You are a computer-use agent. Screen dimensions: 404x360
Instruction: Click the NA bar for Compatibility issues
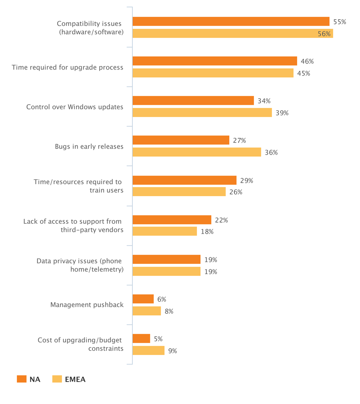pos(231,22)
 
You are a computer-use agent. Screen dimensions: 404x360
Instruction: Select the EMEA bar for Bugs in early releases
pos(196,152)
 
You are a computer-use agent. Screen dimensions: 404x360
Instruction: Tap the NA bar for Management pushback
pos(143,299)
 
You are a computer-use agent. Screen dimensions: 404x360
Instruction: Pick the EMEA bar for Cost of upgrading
pos(148,350)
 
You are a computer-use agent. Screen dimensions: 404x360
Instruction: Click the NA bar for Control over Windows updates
pos(193,101)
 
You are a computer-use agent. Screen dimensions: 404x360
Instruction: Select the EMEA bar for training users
pos(179,192)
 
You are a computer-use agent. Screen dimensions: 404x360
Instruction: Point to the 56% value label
pos(324,34)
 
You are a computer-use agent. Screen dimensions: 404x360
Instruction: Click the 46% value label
pos(307,61)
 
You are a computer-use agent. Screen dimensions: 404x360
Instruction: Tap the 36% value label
pos(271,153)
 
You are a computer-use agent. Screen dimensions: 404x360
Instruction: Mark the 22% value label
pos(221,220)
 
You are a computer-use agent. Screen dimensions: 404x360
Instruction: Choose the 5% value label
pos(158,339)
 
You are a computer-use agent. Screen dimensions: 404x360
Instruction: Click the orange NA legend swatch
pos(22,379)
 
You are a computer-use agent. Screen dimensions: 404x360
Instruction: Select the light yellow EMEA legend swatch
pos(57,379)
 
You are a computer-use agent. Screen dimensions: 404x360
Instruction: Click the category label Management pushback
pos(87,305)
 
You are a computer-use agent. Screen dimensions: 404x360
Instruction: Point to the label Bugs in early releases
pos(89,147)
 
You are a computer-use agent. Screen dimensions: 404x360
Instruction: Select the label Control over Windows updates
pos(75,107)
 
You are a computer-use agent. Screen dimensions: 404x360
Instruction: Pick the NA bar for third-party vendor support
pos(172,220)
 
